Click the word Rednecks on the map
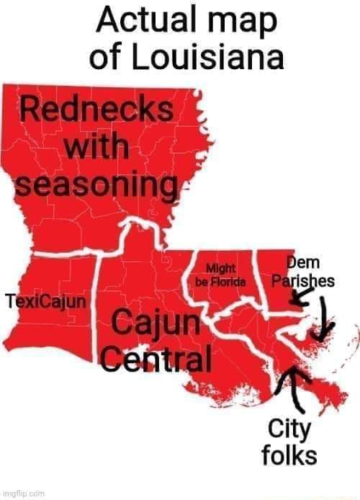point(96,112)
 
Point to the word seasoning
point(95,185)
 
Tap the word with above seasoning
point(96,149)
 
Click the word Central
point(156,358)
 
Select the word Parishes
point(302,280)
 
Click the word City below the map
point(289,431)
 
